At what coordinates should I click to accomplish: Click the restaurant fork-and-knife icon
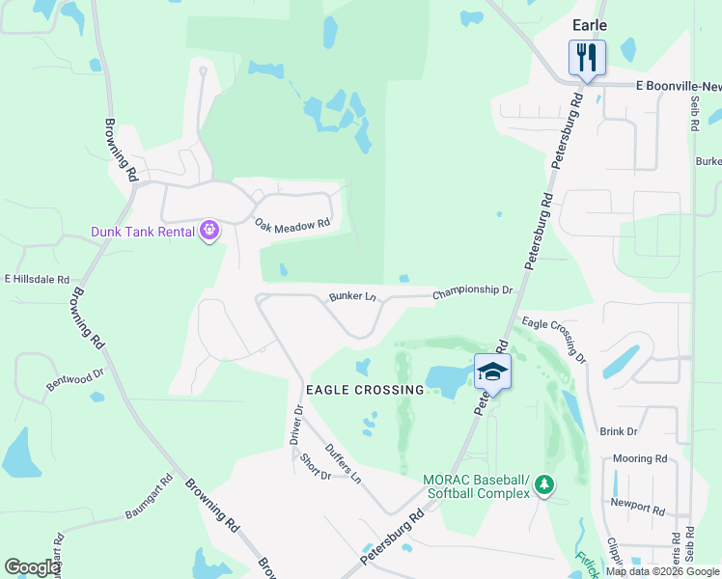[x=586, y=57]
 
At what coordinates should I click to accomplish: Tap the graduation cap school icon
[x=492, y=372]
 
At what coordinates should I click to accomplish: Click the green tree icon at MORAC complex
[x=544, y=482]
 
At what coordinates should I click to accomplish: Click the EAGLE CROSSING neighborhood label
[x=365, y=390]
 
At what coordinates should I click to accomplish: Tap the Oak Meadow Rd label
[x=292, y=223]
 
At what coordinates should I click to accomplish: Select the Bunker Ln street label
[x=351, y=296]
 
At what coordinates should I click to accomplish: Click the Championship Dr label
[x=472, y=290]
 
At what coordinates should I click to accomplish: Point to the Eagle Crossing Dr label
[x=554, y=339]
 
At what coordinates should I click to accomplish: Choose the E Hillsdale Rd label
[x=38, y=279]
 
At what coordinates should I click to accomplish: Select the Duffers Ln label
[x=343, y=463]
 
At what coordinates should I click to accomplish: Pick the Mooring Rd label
[x=639, y=459]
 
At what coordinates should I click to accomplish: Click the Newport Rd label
[x=637, y=506]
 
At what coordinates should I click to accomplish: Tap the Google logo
[x=33, y=567]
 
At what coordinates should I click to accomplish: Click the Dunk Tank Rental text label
[x=143, y=232]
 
